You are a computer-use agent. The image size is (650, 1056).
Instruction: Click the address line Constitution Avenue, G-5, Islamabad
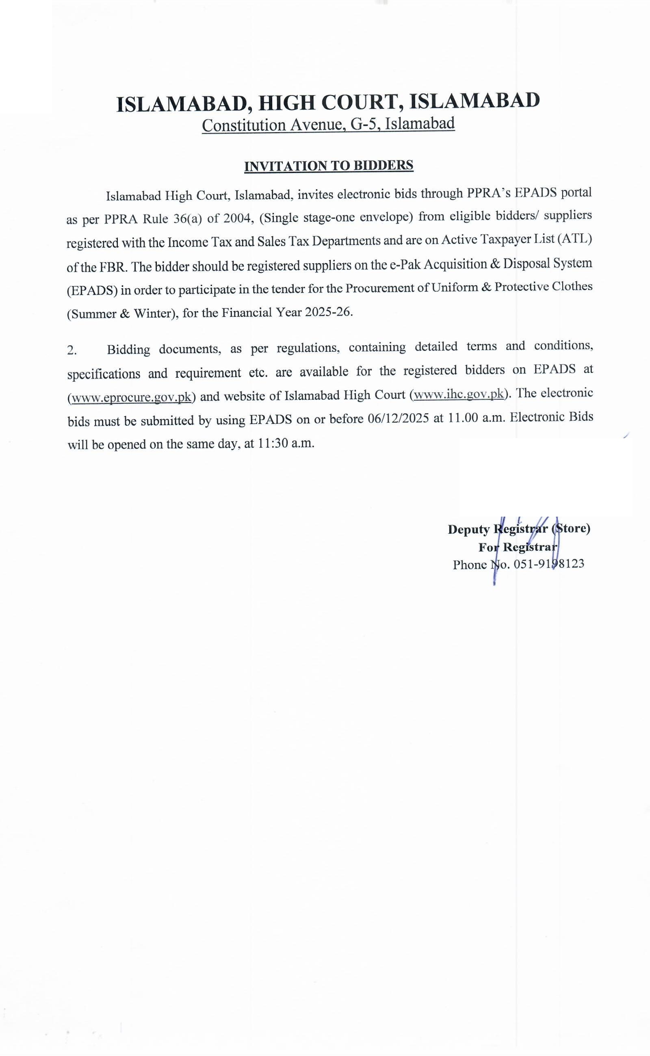328,124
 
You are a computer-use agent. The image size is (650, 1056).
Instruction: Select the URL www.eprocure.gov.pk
131,397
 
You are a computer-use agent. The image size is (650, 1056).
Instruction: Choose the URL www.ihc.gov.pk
458,394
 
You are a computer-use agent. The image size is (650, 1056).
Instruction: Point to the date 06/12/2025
399,419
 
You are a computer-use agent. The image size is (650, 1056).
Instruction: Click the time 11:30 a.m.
286,443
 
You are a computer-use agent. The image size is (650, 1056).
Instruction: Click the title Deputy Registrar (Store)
518,529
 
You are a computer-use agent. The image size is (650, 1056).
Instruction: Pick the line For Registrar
518,547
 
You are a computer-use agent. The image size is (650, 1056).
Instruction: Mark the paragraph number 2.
72,351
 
